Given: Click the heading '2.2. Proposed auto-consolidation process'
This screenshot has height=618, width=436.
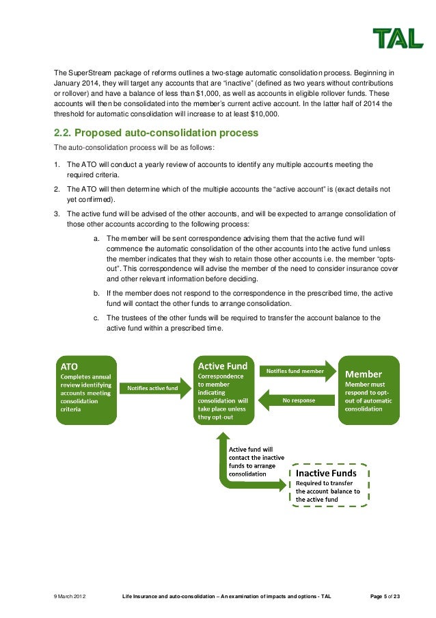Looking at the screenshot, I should [156, 132].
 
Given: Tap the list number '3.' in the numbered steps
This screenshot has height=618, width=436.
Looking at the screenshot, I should [57, 214].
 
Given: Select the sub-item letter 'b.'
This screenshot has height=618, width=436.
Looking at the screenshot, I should [97, 293].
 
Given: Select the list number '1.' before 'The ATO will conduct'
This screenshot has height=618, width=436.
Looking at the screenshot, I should [57, 164].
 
